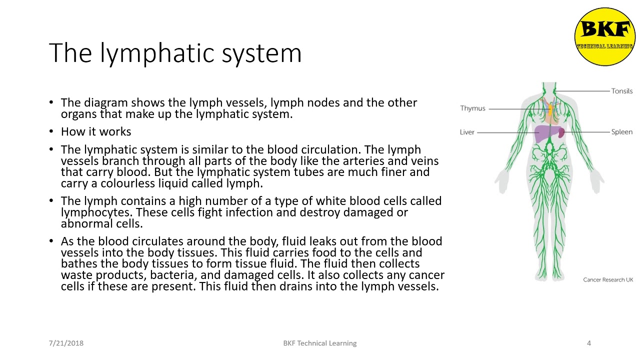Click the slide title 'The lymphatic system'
point(175,53)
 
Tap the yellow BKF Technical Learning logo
point(604,36)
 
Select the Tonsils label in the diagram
point(621,91)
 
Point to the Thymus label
point(472,108)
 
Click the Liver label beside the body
point(467,132)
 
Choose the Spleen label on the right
point(621,132)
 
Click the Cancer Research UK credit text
point(607,279)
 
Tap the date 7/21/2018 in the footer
point(66,343)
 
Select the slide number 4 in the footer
point(588,343)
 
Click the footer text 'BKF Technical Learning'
point(319,343)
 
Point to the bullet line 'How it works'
point(96,132)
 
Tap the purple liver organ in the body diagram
point(544,134)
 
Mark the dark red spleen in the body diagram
point(561,133)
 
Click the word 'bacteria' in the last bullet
point(170,275)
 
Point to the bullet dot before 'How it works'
point(51,132)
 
